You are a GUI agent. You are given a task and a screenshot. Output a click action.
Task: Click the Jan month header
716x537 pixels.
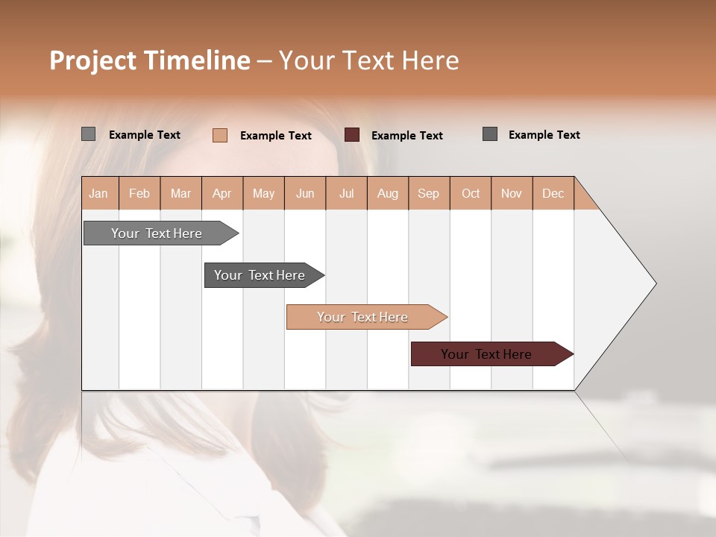[x=99, y=193]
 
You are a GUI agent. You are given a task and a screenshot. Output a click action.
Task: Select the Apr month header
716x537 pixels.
[x=222, y=193]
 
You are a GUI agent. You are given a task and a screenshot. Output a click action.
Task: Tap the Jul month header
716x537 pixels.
[x=347, y=193]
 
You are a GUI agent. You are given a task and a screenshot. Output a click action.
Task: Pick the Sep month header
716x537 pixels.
[x=429, y=193]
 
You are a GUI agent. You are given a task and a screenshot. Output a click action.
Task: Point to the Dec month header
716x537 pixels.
[x=553, y=193]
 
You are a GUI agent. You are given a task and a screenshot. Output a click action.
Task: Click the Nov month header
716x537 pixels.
[x=512, y=193]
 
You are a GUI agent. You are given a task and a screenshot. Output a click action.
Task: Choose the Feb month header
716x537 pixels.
[x=139, y=193]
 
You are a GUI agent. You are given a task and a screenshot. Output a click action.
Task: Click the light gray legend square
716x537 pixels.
[x=88, y=134]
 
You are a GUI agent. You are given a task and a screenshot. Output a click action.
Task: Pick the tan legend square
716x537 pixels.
[x=219, y=135]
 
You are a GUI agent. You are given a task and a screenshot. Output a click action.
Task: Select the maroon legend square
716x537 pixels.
[x=352, y=134]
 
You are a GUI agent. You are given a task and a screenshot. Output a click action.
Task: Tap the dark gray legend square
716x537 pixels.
[x=490, y=134]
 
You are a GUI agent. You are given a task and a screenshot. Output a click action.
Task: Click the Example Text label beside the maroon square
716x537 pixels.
[x=407, y=135]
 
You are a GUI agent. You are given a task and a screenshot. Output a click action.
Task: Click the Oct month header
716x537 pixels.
[x=471, y=193]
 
